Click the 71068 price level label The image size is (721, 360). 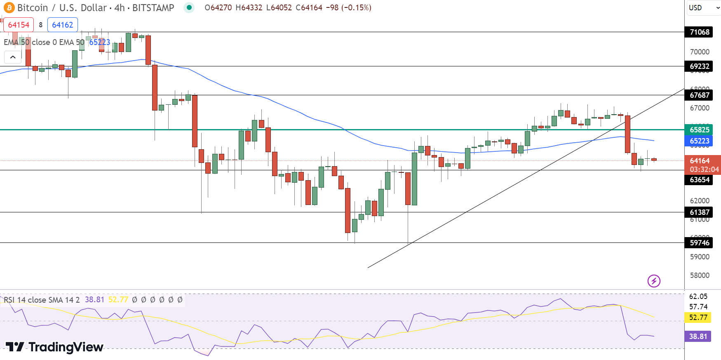point(699,32)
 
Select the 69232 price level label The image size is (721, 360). point(699,66)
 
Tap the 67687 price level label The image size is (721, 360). point(699,95)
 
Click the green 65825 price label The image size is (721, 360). point(699,130)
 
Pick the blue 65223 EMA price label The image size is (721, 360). point(699,141)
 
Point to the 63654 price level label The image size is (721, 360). point(699,180)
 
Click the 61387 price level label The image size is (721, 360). point(699,212)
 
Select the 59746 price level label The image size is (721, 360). point(699,243)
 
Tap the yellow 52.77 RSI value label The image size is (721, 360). point(698,318)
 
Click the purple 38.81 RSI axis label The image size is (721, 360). point(698,336)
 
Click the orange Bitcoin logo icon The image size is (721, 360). point(9,8)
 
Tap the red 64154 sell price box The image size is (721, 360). point(19,25)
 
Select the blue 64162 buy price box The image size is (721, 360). point(63,25)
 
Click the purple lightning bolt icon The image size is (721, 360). point(654,281)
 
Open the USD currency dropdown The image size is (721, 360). point(703,8)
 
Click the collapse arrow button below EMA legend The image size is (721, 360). point(13,57)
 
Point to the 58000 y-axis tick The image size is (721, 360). point(700,275)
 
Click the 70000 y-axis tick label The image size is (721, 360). point(700,52)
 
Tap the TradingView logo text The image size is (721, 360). point(55,347)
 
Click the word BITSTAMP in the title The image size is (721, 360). point(153,8)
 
